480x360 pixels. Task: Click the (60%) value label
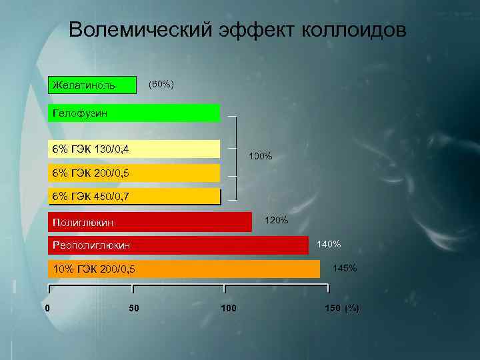coord(161,85)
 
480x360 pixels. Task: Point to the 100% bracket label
coord(260,157)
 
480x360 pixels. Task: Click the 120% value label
coord(277,220)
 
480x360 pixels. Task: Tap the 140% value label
coord(329,244)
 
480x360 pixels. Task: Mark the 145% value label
coord(345,268)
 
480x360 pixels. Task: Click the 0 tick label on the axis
coord(47,308)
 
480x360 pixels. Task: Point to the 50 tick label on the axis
coord(133,308)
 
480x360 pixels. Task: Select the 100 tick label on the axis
coord(229,308)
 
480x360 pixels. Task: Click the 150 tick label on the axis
coord(332,308)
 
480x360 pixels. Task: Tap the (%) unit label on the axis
coord(352,308)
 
